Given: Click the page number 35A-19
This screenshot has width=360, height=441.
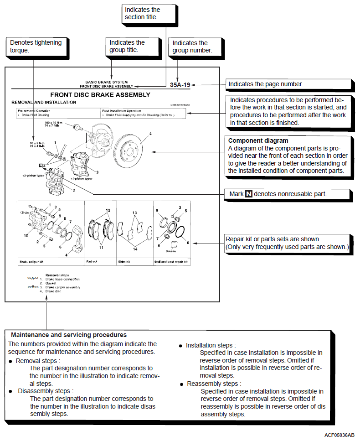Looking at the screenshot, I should pyautogui.click(x=180, y=85).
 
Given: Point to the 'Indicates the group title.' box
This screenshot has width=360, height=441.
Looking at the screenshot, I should pyautogui.click(x=128, y=46).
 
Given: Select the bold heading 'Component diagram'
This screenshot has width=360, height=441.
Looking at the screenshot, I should pyautogui.click(x=258, y=141).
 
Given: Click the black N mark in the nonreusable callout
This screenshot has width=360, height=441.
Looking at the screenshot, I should pyautogui.click(x=249, y=194).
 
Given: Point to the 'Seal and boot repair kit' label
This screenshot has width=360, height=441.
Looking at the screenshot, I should pyautogui.click(x=171, y=262).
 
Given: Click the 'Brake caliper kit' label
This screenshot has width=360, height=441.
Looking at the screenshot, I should pyautogui.click(x=31, y=262).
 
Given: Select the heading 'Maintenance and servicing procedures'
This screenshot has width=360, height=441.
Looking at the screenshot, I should pyautogui.click(x=69, y=335).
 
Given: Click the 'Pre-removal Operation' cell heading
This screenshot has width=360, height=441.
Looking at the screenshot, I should pyautogui.click(x=34, y=110).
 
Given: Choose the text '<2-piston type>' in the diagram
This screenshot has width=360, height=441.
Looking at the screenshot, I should pyautogui.click(x=32, y=175).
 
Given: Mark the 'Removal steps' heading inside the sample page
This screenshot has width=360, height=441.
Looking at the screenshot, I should pyautogui.click(x=57, y=275).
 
